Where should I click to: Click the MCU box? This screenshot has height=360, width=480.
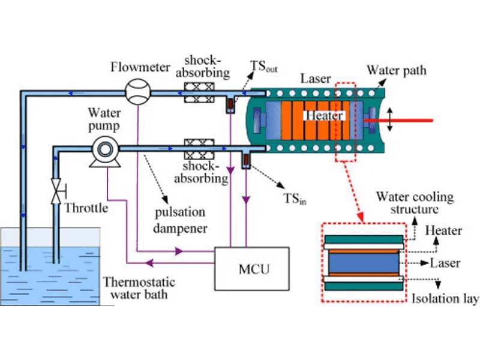(252, 268)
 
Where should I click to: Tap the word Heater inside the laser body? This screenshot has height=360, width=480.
(324, 115)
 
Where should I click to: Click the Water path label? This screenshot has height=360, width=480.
(397, 71)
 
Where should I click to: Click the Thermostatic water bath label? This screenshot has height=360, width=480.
(136, 287)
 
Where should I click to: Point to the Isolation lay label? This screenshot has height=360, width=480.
(446, 298)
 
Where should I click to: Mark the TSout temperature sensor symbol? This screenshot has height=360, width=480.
(230, 106)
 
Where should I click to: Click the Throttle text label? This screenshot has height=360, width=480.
(86, 209)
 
